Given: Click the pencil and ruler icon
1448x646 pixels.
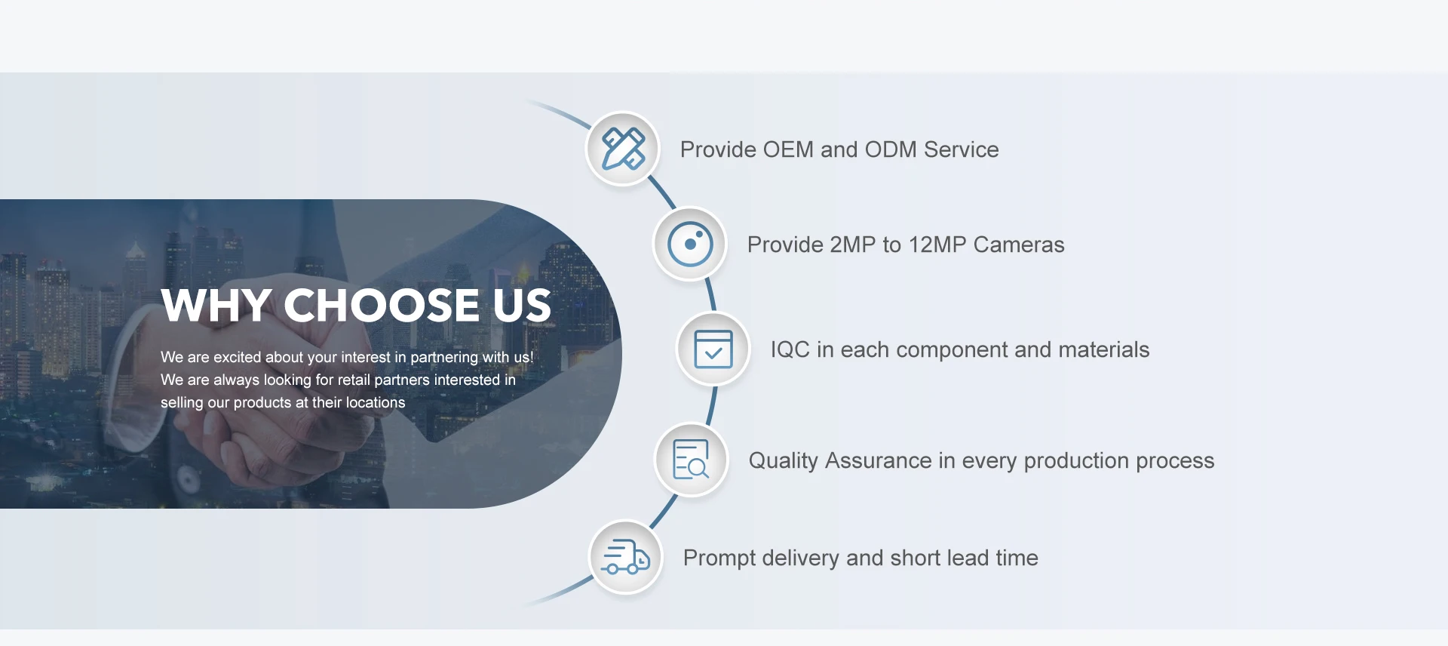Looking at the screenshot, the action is pyautogui.click(x=623, y=149).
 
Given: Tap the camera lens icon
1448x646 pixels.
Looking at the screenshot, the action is pyautogui.click(x=690, y=244).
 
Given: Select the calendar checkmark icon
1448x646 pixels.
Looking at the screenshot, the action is pyautogui.click(x=713, y=349).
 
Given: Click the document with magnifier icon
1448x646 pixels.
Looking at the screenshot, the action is pyautogui.click(x=691, y=460).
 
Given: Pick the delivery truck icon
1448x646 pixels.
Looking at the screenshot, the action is pyautogui.click(x=626, y=558).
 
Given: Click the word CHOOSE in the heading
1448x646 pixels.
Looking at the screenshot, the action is pyautogui.click(x=381, y=306).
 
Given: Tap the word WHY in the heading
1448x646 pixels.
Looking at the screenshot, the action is pyautogui.click(x=216, y=306).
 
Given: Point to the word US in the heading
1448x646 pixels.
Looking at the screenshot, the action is pyautogui.click(x=522, y=306).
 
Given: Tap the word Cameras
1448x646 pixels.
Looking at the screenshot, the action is pyautogui.click(x=1019, y=245).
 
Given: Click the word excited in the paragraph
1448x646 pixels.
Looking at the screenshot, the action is pyautogui.click(x=237, y=357).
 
